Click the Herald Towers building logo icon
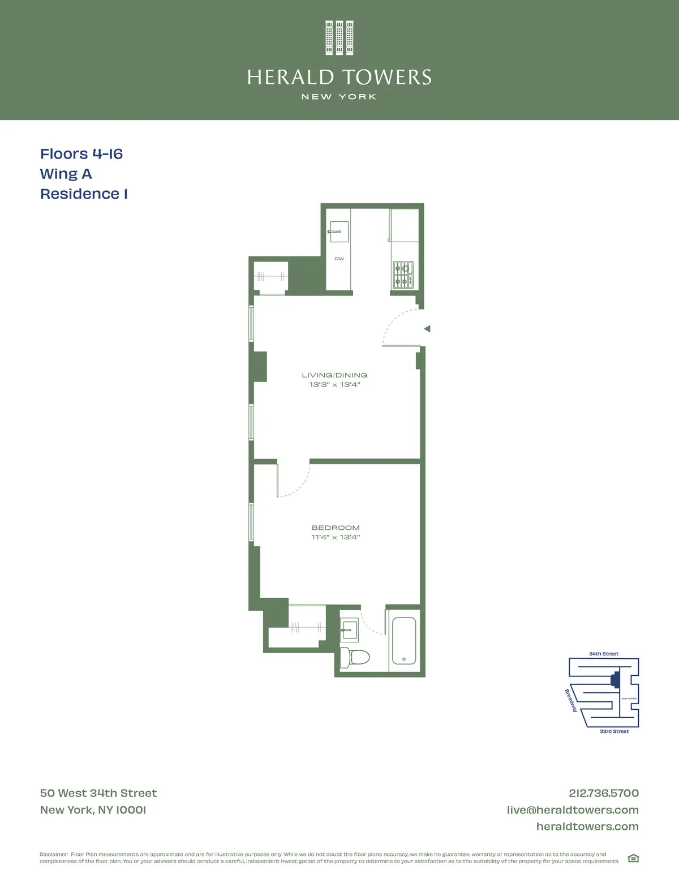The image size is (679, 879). coord(339,38)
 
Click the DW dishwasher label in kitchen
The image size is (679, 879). coord(339,259)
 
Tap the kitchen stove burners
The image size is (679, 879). coord(403,275)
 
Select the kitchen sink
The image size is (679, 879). coord(338,231)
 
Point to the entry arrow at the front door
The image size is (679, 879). coord(427,329)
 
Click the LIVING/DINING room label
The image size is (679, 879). coord(334,375)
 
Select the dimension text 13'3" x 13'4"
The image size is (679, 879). coord(334,385)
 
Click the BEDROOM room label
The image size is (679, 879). coord(335,528)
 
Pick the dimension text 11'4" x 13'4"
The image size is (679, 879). coord(335,537)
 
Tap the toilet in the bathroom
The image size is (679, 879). coord(356,657)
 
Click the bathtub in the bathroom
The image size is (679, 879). coord(404,640)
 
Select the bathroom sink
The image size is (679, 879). coord(349,629)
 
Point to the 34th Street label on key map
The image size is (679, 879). coord(604,654)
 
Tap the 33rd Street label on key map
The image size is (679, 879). coord(614,731)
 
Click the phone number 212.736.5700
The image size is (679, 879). coord(603,793)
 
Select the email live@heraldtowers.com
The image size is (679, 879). coord(573,810)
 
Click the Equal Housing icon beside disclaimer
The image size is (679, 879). coord(633,858)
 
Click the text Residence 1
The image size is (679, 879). coord(84,194)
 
